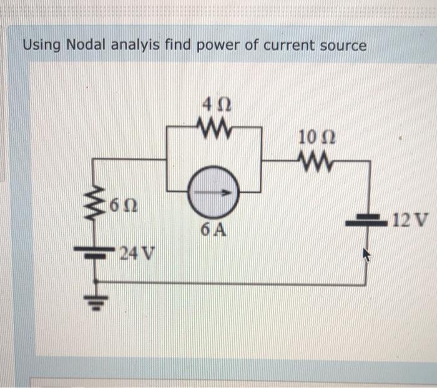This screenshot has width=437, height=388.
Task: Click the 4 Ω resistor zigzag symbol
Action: tap(214, 128)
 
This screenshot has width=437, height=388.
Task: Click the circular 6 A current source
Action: tap(214, 192)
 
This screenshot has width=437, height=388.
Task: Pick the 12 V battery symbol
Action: tap(366, 220)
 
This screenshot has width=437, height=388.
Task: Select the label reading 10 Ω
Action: tap(317, 138)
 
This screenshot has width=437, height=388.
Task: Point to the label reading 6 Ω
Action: tap(124, 206)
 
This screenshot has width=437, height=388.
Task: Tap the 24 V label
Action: tap(137, 253)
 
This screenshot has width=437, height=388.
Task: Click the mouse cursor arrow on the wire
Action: tap(367, 255)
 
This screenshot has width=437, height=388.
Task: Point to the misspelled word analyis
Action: tap(135, 46)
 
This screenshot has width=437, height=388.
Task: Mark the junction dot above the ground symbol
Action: tap(96, 281)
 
